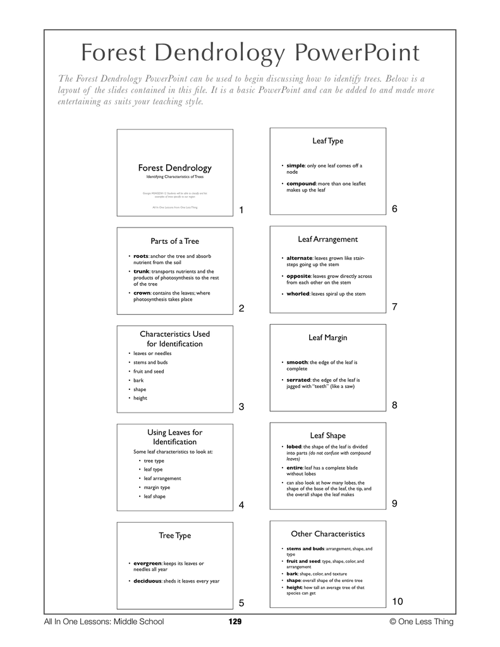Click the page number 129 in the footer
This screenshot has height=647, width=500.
[x=235, y=622]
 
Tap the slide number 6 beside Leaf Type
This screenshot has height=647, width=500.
[x=394, y=209]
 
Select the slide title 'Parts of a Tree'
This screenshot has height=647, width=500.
[x=174, y=241]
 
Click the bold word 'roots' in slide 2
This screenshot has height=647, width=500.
[x=140, y=256]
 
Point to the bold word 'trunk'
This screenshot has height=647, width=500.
[x=141, y=271]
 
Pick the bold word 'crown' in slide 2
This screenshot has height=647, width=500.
[x=142, y=293]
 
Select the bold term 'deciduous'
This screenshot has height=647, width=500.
[x=147, y=581]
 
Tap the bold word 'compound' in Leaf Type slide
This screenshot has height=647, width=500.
[x=302, y=183]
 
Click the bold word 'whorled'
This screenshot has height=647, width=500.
[x=298, y=294]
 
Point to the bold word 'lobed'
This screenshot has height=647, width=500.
[x=294, y=447]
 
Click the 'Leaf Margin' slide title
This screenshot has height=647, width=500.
[x=327, y=338]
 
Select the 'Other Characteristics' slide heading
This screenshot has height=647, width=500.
[x=327, y=534]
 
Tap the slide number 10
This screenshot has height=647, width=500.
[x=398, y=601]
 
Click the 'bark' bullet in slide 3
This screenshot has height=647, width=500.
[x=138, y=380]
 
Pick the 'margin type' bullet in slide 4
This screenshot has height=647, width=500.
[x=157, y=487]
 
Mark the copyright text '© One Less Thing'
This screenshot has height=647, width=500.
[x=422, y=622]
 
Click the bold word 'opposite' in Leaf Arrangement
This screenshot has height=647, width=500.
[x=299, y=276]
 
